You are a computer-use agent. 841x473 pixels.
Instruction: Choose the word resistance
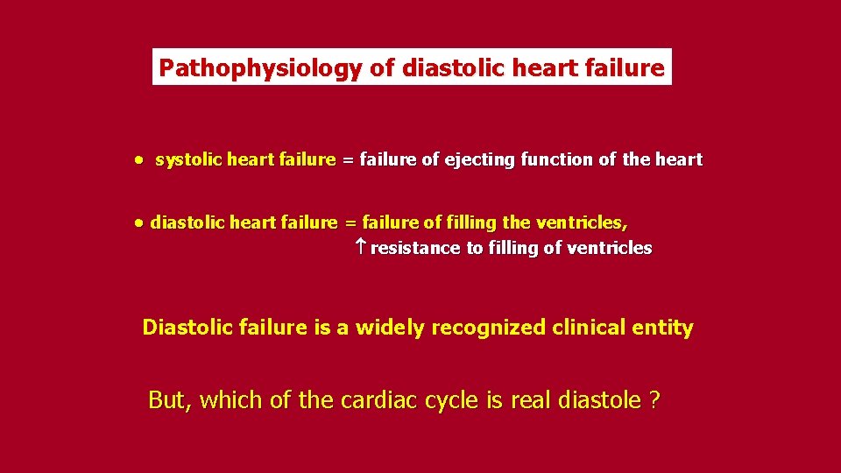[415, 248]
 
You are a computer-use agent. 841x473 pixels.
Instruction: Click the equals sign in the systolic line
[348, 160]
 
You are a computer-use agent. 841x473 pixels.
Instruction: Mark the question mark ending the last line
[654, 400]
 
